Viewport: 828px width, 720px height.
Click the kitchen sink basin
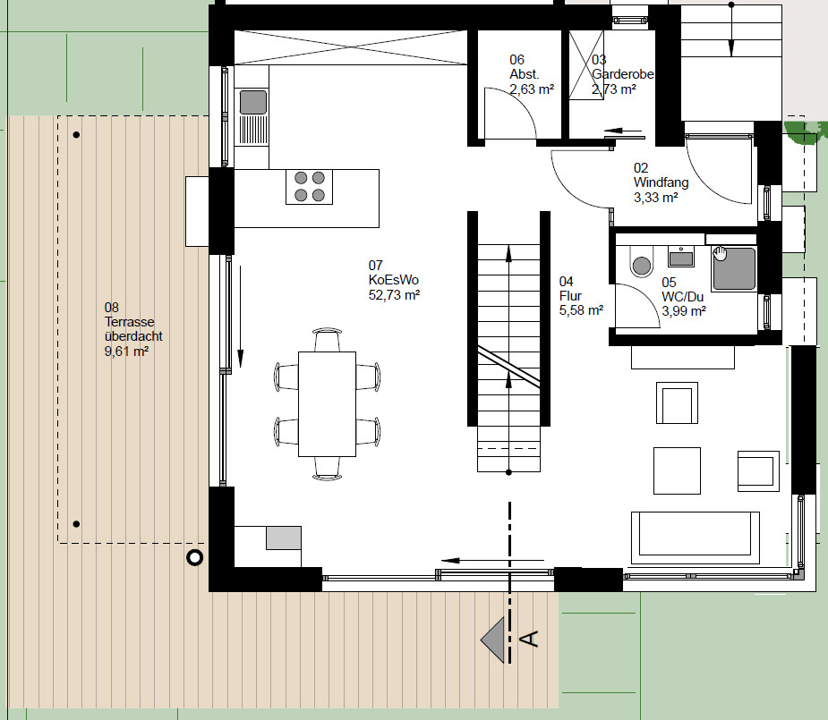[x=253, y=102]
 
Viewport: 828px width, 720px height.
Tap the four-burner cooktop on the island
[x=310, y=187]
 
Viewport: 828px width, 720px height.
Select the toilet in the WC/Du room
[x=642, y=262]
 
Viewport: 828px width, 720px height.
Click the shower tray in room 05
[x=734, y=268]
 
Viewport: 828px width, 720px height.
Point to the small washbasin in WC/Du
[x=680, y=257]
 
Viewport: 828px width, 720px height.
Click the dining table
[x=327, y=404]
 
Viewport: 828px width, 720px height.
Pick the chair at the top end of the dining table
[x=328, y=340]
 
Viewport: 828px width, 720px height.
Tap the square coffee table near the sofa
[x=677, y=471]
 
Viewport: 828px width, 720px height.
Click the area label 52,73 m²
[x=394, y=295]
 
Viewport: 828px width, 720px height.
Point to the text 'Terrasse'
[x=130, y=322]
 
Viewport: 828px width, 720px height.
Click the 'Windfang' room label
[x=662, y=182]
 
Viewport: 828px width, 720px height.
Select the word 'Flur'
[x=570, y=296]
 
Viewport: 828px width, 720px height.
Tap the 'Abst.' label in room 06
[x=524, y=74]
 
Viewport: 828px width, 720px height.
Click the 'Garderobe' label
[x=623, y=74]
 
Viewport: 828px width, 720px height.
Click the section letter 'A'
[x=530, y=639]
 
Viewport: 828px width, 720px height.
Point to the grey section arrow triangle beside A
[x=492, y=640]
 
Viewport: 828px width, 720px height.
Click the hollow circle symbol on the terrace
[x=195, y=557]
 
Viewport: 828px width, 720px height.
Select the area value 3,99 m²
[x=684, y=311]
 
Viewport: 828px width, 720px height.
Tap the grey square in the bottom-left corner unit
[x=284, y=538]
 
